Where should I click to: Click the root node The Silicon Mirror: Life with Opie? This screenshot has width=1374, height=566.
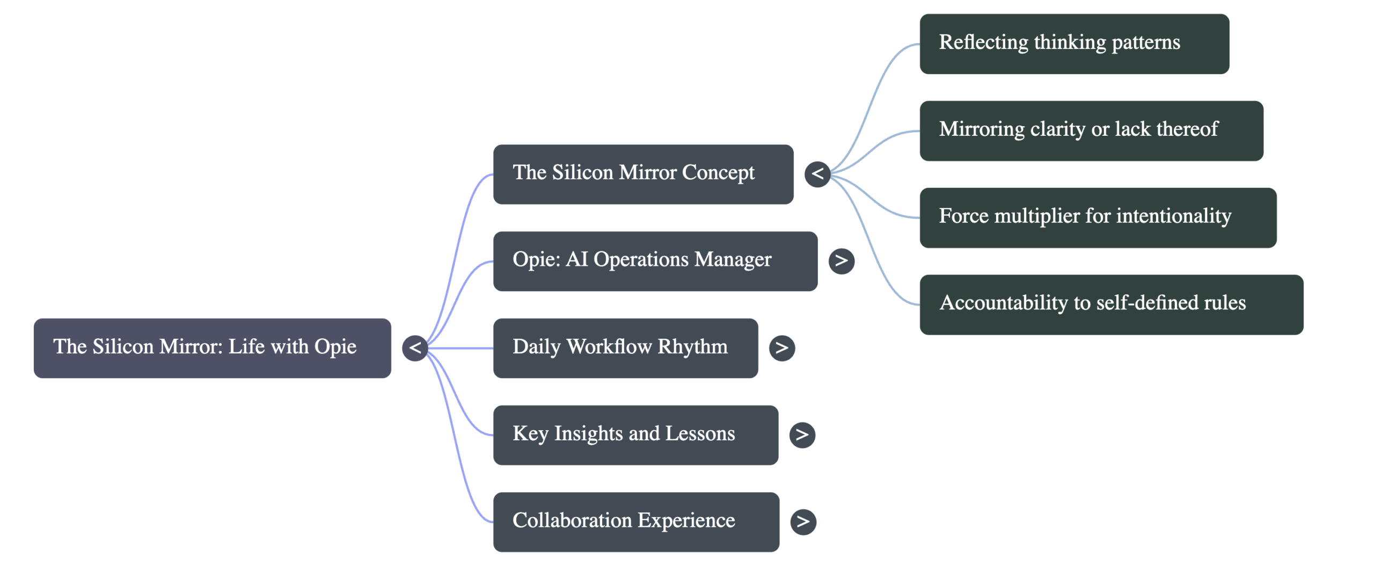212,348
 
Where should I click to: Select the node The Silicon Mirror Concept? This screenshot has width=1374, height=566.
643,174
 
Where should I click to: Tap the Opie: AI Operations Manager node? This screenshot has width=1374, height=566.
655,261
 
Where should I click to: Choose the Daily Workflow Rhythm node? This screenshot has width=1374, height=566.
625,348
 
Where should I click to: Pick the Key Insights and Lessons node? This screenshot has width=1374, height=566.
635,435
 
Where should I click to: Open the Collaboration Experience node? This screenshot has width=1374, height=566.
636,522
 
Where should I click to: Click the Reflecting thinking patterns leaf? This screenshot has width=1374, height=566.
1074,44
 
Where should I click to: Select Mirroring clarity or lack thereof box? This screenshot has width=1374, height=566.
1091,131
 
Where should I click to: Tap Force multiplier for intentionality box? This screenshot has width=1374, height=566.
1098,218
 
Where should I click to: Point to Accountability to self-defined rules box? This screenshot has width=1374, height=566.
1111,305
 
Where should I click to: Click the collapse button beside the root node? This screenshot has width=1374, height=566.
415,348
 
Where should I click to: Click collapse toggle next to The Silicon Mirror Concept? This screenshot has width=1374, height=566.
817,174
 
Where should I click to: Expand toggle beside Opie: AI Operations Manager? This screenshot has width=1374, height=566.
841,261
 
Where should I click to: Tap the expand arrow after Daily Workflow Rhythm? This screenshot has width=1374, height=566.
781,348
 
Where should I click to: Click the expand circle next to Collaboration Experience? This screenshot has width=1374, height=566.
803,522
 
